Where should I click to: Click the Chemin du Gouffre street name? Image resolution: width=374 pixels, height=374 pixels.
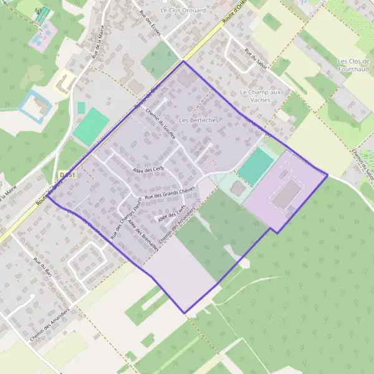click(160, 121)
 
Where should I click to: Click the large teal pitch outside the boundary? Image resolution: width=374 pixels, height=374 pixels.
click(91, 126)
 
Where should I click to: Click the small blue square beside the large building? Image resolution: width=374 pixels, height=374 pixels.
click(291, 210)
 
